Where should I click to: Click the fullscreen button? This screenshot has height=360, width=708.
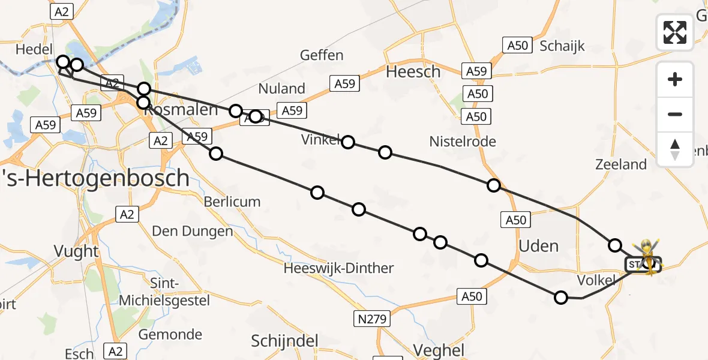pyautogui.click(x=675, y=32)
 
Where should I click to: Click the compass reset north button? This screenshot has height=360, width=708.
pyautogui.click(x=675, y=149)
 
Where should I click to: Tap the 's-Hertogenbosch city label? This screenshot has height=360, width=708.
pyautogui.click(x=96, y=178)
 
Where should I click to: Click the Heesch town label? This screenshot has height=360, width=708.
pyautogui.click(x=413, y=72)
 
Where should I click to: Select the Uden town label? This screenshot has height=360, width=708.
pyautogui.click(x=538, y=246)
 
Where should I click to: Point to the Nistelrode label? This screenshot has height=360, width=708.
pyautogui.click(x=463, y=142)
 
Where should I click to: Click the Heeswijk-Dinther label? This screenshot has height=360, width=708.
pyautogui.click(x=339, y=268)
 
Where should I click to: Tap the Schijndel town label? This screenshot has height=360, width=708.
pyautogui.click(x=284, y=341)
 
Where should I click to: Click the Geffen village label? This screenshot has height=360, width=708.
pyautogui.click(x=322, y=55)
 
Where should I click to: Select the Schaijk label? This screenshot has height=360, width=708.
pyautogui.click(x=562, y=46)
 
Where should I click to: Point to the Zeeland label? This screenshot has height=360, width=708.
pyautogui.click(x=620, y=164)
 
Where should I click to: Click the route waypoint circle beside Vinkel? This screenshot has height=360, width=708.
pyautogui.click(x=348, y=142)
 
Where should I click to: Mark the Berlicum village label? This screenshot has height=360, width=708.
pyautogui.click(x=232, y=202)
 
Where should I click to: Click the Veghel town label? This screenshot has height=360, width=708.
pyautogui.click(x=439, y=350)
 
